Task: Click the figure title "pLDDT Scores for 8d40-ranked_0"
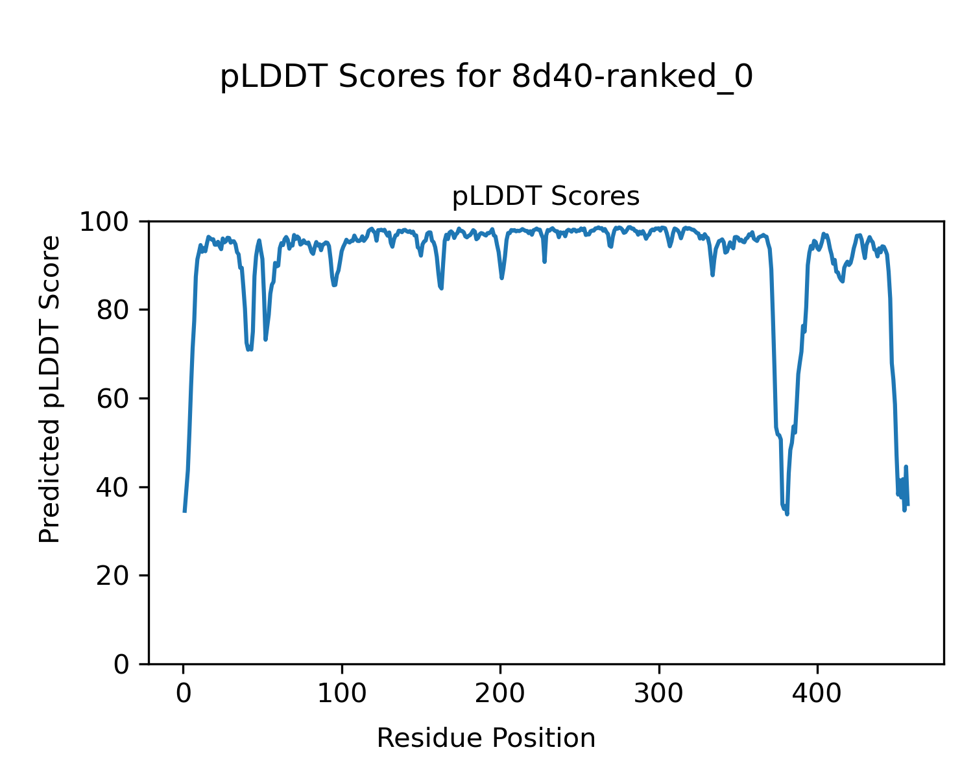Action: click(486, 78)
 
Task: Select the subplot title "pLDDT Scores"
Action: click(546, 196)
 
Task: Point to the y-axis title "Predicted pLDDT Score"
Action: click(50, 389)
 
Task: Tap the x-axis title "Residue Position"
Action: click(486, 738)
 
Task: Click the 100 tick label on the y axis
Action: click(108, 222)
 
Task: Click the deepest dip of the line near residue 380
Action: click(787, 513)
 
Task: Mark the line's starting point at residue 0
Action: click(185, 511)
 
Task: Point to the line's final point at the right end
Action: click(907, 504)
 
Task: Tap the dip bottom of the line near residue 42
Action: click(250, 350)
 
